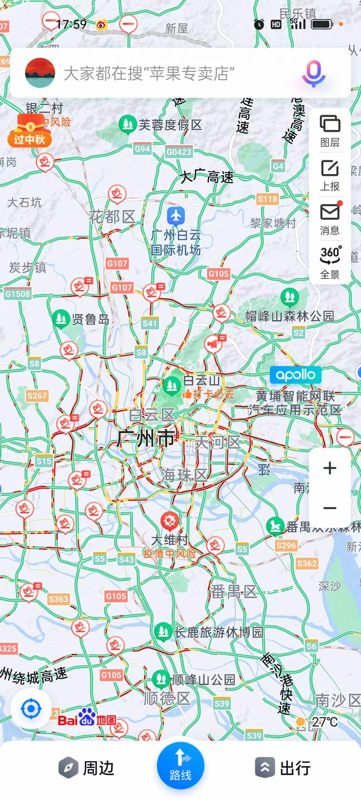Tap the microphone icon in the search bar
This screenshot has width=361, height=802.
pyautogui.click(x=314, y=73)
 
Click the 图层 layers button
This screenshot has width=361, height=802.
pyautogui.click(x=330, y=130)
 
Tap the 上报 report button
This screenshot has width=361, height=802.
pyautogui.click(x=330, y=175)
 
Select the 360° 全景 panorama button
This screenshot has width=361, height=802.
pyautogui.click(x=330, y=263)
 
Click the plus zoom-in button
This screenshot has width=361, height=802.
pyautogui.click(x=330, y=468)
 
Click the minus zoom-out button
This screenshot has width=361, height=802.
pyautogui.click(x=330, y=508)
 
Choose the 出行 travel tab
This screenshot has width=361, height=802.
pyautogui.click(x=283, y=768)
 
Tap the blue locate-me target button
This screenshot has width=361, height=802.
pyautogui.click(x=31, y=708)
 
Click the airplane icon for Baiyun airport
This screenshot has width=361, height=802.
pyautogui.click(x=176, y=216)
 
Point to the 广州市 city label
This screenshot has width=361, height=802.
pyautogui.click(x=146, y=438)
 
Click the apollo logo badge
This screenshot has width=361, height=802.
pyautogui.click(x=295, y=375)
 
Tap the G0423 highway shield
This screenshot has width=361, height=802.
pyautogui.click(x=179, y=152)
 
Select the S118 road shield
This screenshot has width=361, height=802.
pyautogui.click(x=267, y=199)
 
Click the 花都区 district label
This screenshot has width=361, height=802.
pyautogui.click(x=112, y=217)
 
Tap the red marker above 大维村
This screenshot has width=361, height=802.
pyautogui.click(x=170, y=521)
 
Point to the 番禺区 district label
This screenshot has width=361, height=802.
pyautogui.click(x=234, y=592)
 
